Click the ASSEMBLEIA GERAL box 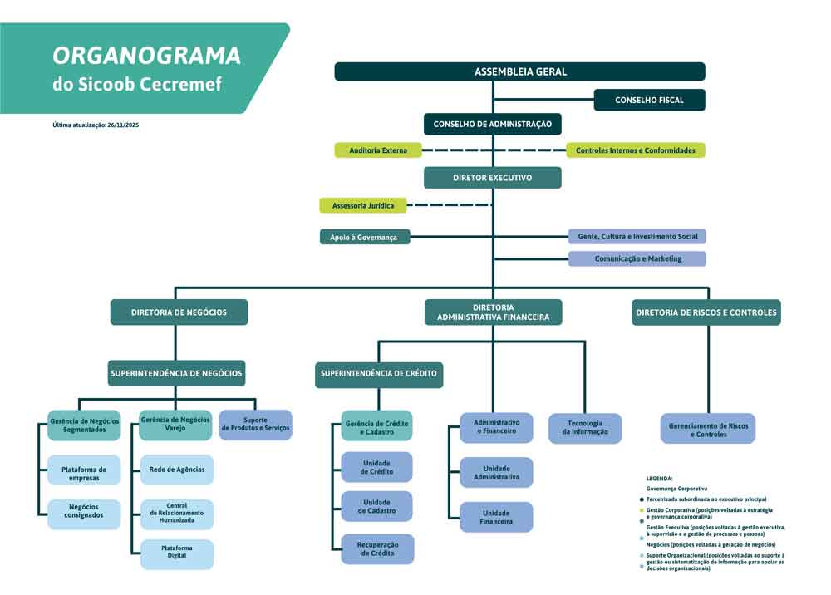click(519, 71)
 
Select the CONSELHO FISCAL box click(649, 100)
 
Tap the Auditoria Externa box click(377, 150)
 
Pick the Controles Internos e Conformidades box click(636, 150)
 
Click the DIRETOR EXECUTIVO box click(492, 178)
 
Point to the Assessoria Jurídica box click(362, 204)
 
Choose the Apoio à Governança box click(364, 237)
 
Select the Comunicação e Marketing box click(637, 258)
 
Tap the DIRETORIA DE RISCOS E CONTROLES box click(706, 312)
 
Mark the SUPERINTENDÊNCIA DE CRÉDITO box click(378, 374)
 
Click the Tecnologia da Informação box click(584, 428)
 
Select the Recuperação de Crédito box click(376, 548)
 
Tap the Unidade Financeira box click(496, 518)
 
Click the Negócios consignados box click(83, 511)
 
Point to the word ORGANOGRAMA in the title click(146, 56)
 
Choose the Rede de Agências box click(176, 470)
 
